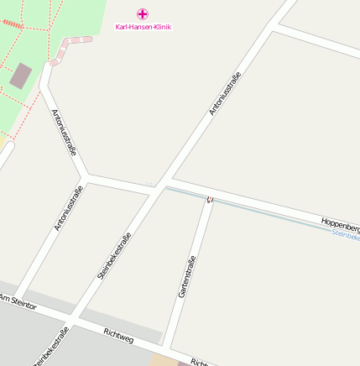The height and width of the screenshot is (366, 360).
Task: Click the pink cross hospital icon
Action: coord(143,13)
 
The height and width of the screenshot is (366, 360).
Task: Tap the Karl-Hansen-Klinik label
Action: coord(143,27)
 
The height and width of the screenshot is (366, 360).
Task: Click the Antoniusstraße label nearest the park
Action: coord(64,132)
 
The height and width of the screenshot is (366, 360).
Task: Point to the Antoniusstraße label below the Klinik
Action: coord(225,93)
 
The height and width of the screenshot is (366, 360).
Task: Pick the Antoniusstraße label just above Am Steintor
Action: coord(68,208)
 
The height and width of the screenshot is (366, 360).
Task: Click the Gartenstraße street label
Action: coord(186,276)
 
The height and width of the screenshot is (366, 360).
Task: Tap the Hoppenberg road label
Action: coord(340,224)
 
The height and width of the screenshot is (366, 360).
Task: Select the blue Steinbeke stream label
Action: coord(346,237)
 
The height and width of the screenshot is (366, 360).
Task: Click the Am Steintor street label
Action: coord(18,301)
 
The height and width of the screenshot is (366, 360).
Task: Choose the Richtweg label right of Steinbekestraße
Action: coord(117,335)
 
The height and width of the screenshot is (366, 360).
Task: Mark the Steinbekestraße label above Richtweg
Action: coord(114,255)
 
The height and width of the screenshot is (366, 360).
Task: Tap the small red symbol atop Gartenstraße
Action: coord(210,199)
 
